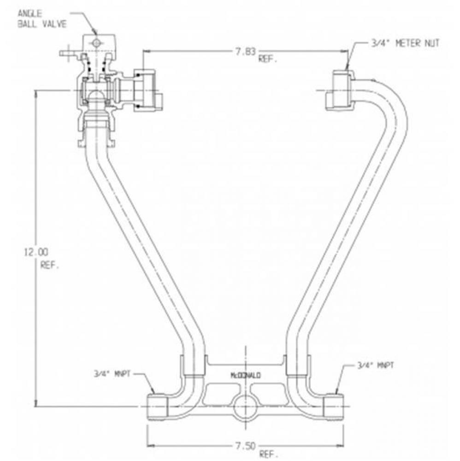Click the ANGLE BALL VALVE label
(42, 18)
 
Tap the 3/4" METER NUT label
(405, 43)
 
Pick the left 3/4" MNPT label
(112, 374)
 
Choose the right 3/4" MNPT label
(375, 366)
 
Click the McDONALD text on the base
(245, 375)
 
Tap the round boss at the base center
(245, 406)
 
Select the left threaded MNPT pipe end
(157, 407)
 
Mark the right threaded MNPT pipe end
(334, 407)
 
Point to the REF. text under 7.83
(268, 59)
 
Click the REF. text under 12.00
(50, 265)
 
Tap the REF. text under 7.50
(268, 455)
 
